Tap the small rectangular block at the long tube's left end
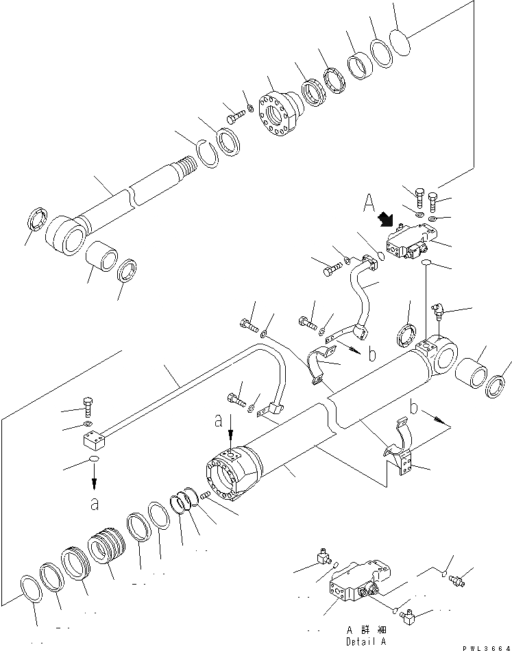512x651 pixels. (x=93, y=437)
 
